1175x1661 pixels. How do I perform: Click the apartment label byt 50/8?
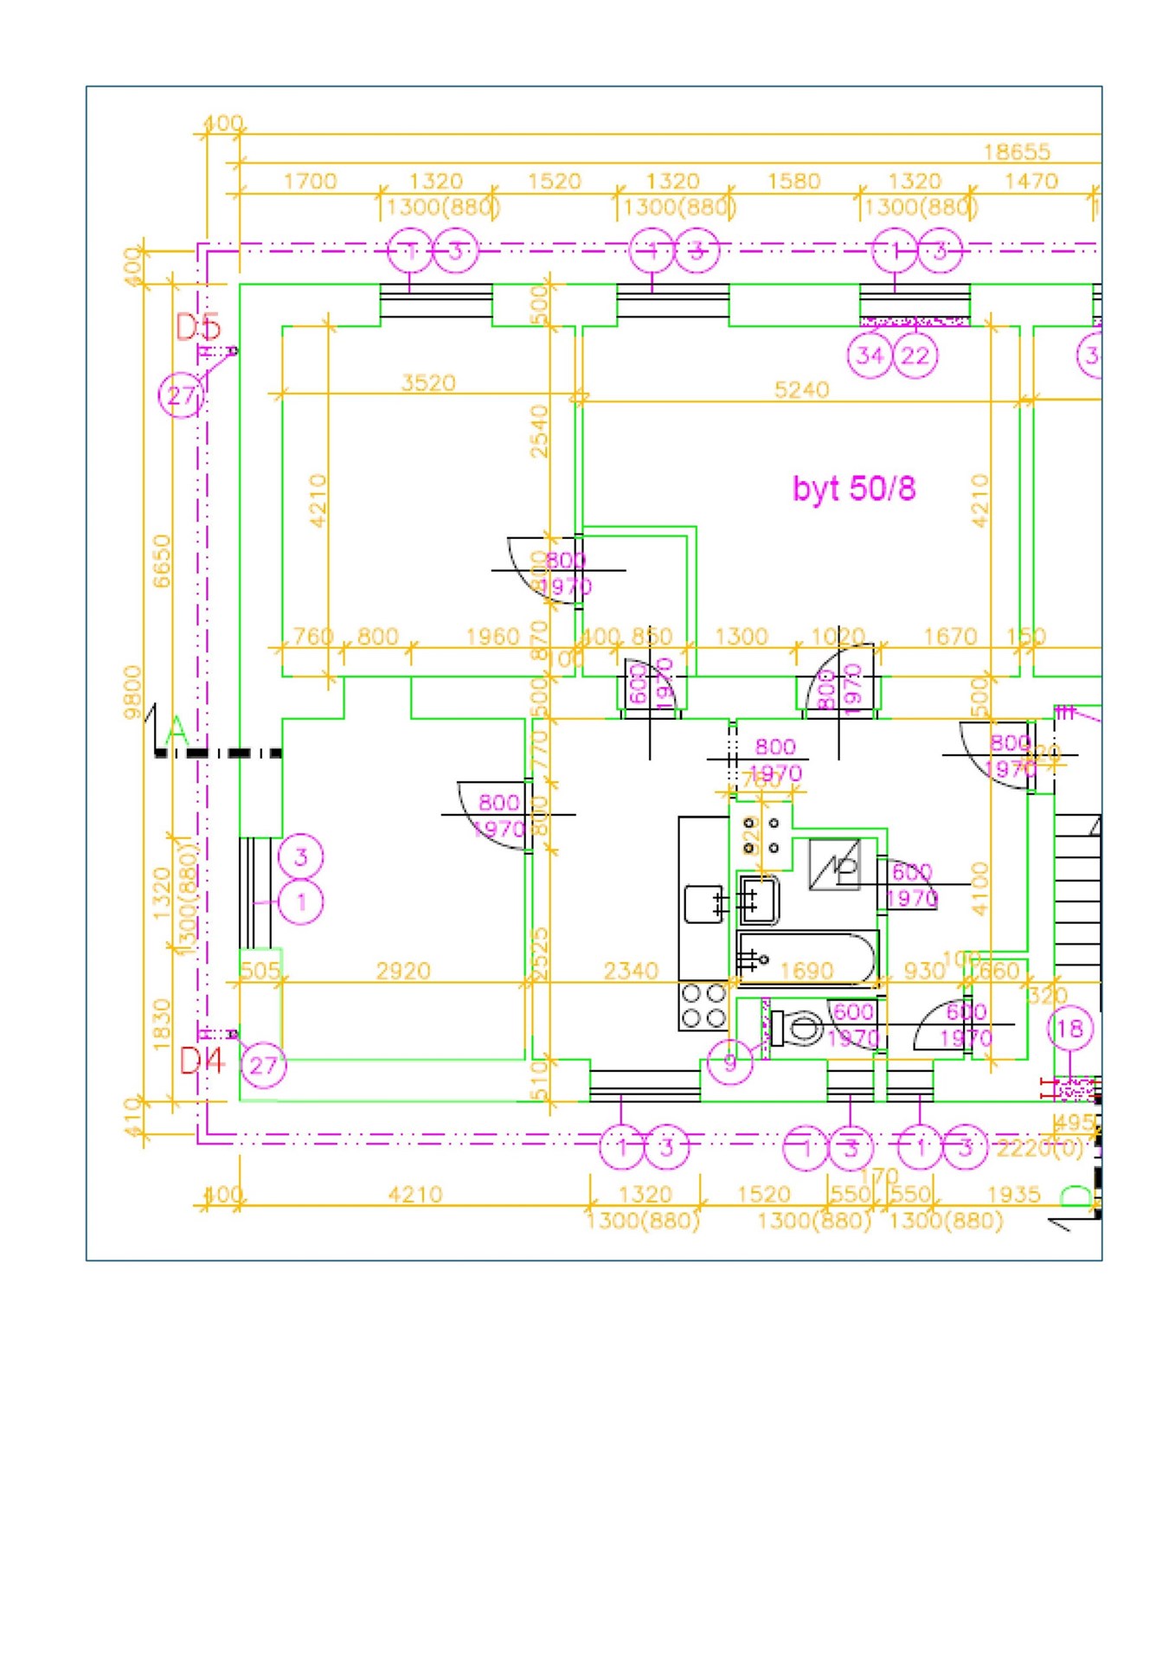pos(853,489)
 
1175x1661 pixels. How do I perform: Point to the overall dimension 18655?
pos(1017,152)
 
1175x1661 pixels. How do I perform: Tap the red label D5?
pos(198,327)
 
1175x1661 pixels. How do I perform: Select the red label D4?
pos(202,1061)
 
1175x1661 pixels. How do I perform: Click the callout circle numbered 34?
pos(870,356)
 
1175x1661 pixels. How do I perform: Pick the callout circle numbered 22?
pos(915,356)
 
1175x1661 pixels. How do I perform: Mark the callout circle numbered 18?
pos(1070,1029)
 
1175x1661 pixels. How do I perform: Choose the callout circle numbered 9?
pos(730,1061)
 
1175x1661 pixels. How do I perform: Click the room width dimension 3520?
pos(428,382)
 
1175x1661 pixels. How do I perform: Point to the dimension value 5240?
pos(801,389)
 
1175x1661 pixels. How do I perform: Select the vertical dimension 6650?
pos(162,561)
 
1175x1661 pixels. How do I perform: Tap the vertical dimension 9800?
pos(132,692)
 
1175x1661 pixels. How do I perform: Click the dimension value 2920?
pos(403,971)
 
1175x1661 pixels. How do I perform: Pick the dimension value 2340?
pos(631,971)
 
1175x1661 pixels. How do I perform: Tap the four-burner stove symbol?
pos(703,1005)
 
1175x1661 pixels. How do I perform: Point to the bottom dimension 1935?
pos(1013,1195)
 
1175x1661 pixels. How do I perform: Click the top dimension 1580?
pos(793,182)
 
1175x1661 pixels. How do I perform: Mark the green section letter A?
pos(177,732)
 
